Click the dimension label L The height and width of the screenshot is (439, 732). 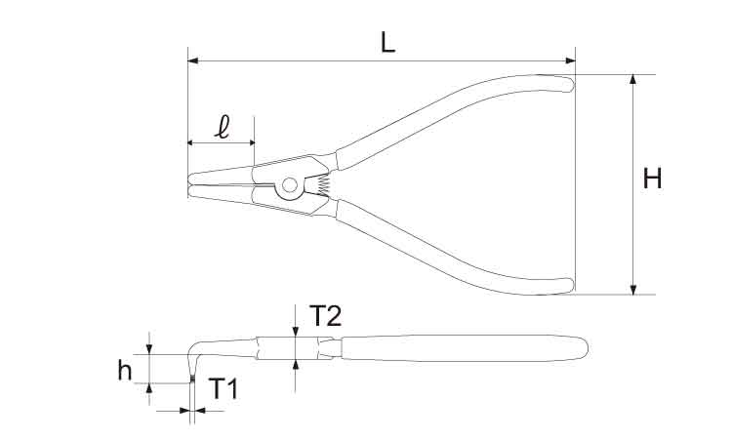(x=387, y=43)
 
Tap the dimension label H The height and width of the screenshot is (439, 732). (x=652, y=179)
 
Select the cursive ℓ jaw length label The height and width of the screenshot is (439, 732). (x=223, y=128)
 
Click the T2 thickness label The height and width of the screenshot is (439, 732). (x=325, y=316)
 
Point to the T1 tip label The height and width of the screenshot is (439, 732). (x=224, y=388)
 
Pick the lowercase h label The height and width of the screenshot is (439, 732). (x=125, y=371)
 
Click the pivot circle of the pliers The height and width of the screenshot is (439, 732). (x=290, y=185)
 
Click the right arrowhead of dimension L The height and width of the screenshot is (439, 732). (x=570, y=60)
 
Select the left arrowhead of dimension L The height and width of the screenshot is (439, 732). (x=193, y=60)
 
